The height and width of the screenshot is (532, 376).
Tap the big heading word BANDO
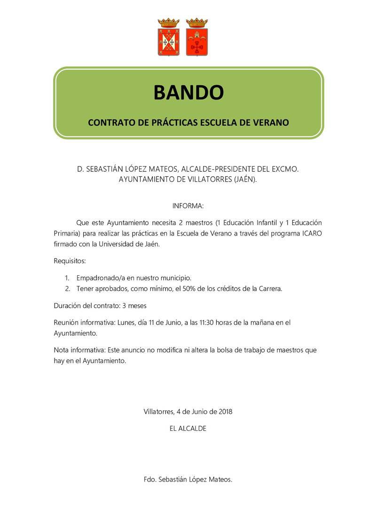point(188,93)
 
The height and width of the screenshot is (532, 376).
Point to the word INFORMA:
point(188,206)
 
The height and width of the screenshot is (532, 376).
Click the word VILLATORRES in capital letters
point(207,179)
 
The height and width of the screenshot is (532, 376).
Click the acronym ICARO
point(312,233)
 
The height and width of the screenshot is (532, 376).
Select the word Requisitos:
point(70,260)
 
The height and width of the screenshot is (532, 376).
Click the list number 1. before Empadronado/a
point(67,278)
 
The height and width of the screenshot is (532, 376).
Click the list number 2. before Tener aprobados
point(67,289)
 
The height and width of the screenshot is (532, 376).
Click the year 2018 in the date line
point(224,411)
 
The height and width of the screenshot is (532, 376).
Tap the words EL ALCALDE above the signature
point(188,429)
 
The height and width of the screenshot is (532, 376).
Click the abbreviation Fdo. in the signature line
point(150,480)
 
